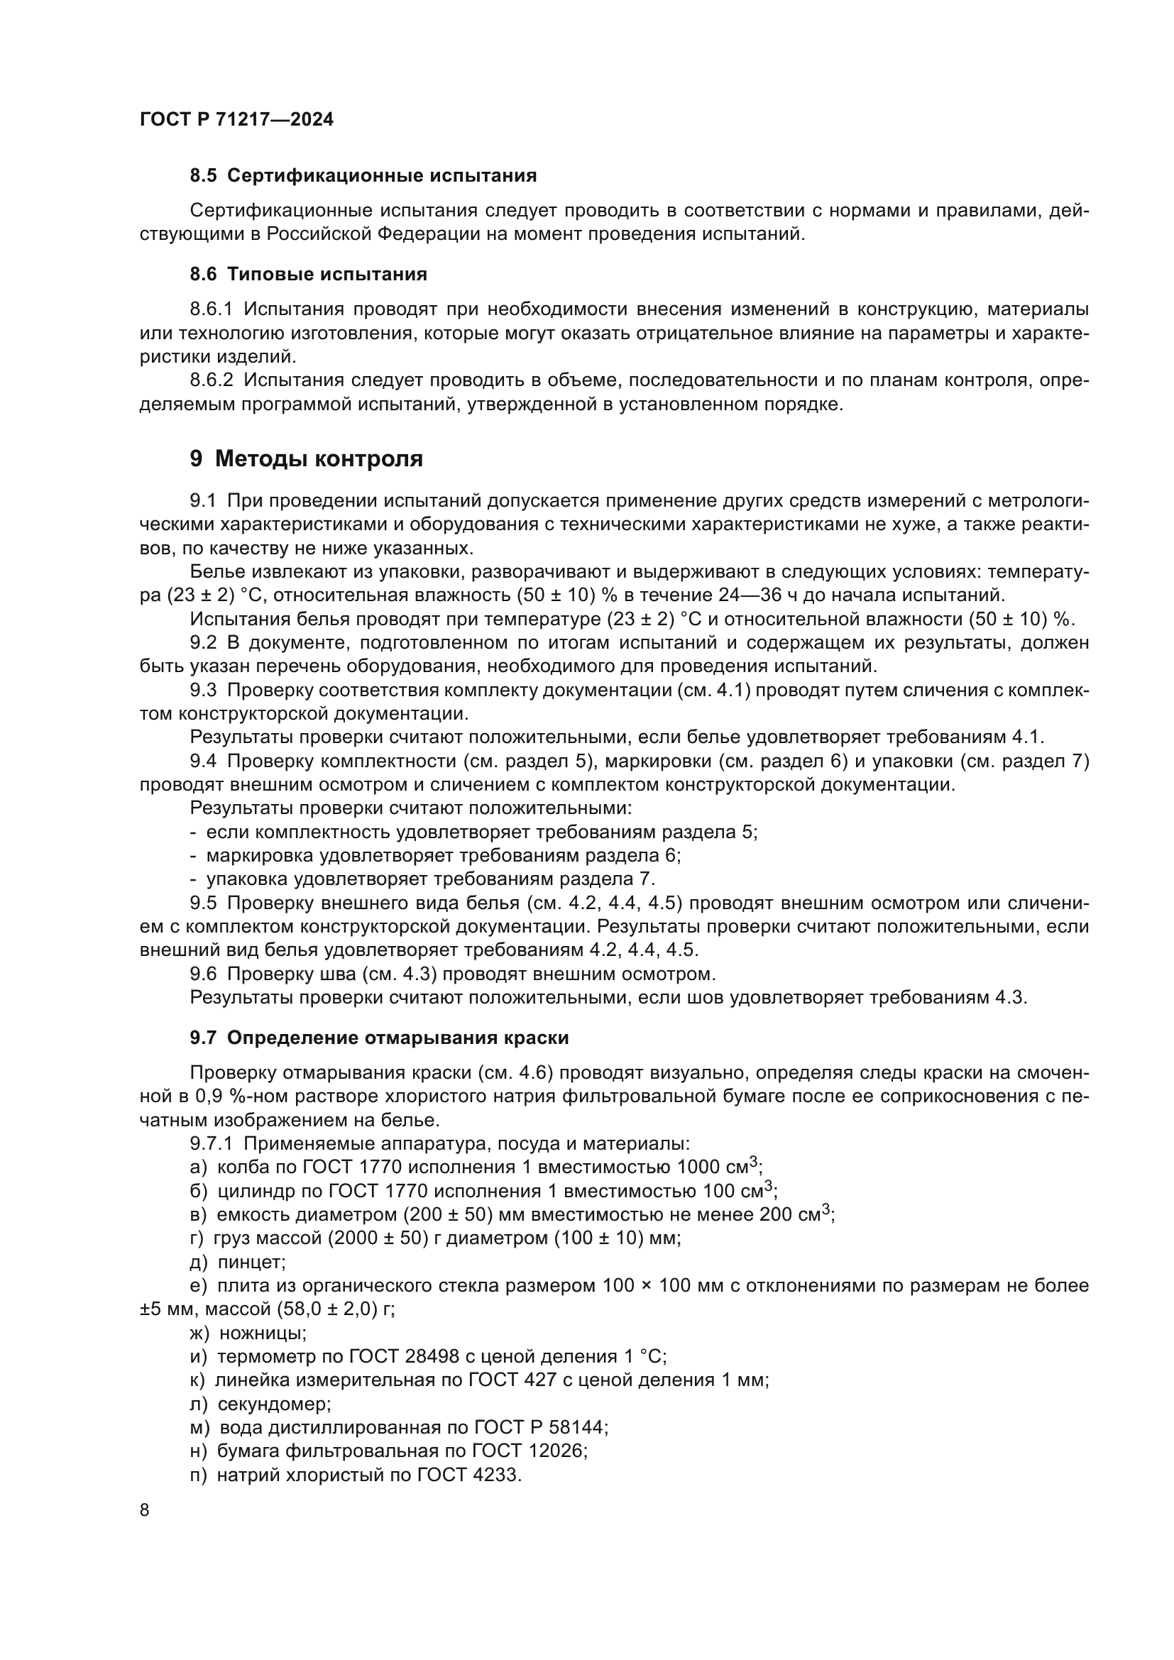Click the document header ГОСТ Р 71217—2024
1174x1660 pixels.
coord(236,120)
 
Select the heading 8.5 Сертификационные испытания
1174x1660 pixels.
coord(363,176)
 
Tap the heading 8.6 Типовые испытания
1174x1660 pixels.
coord(308,274)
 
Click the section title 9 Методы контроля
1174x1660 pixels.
coord(306,458)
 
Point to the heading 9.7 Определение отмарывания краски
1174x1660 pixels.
coord(379,1038)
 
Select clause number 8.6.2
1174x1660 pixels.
coord(211,380)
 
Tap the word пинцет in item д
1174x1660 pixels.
coord(251,1263)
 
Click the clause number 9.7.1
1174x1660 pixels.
coord(211,1144)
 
